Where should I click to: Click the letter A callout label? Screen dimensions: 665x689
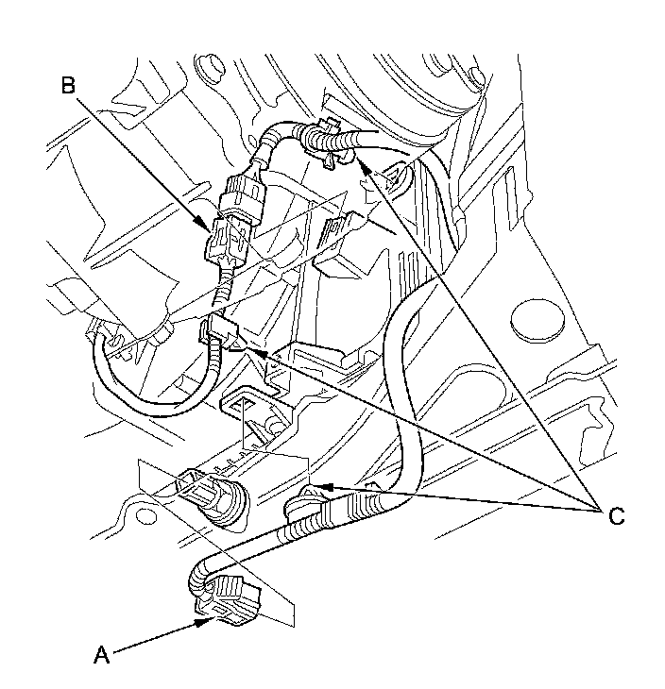click(x=102, y=655)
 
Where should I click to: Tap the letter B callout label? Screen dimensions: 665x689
click(x=68, y=86)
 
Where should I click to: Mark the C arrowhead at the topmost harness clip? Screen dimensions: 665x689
click(x=362, y=165)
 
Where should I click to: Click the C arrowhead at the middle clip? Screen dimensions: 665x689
click(x=261, y=352)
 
